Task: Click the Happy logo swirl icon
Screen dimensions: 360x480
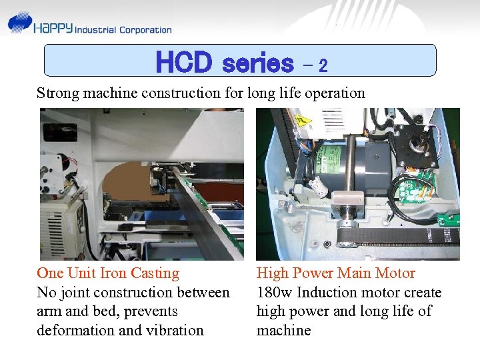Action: (x=20, y=25)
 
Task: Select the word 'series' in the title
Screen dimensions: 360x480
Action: (x=257, y=63)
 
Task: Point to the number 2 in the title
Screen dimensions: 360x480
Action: (x=323, y=65)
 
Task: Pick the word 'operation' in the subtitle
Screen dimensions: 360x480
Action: (x=333, y=93)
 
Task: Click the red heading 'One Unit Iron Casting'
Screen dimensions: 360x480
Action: (x=108, y=273)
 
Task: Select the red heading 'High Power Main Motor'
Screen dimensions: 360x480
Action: (x=336, y=273)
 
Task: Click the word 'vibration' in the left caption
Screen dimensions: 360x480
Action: (x=174, y=330)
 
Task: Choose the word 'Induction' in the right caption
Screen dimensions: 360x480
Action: (x=327, y=292)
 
